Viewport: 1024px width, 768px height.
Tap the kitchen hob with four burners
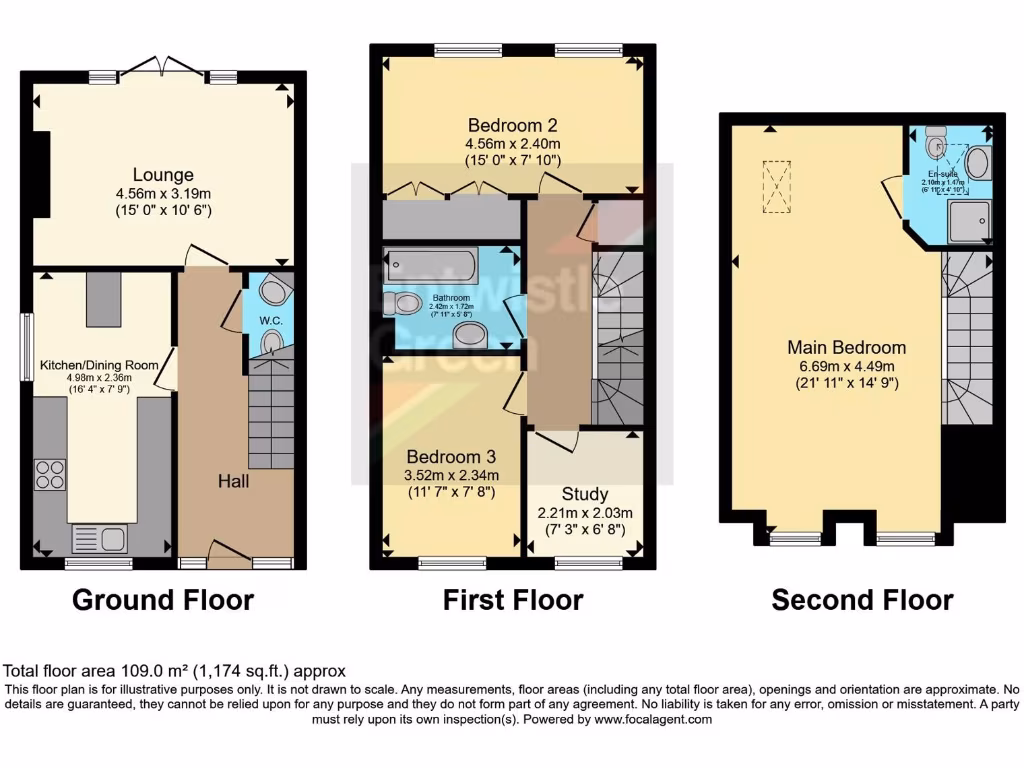click(50, 473)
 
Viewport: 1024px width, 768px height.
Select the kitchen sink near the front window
click(99, 539)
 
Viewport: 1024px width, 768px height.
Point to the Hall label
click(235, 481)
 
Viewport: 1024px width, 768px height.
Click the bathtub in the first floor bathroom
click(431, 266)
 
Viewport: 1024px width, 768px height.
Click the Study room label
click(585, 494)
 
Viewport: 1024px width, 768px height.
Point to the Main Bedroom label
click(846, 347)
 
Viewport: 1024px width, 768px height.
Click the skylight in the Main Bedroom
click(775, 187)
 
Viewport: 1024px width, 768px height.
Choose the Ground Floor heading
click(163, 600)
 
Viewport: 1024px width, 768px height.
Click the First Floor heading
click(513, 600)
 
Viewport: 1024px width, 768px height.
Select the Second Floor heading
click(862, 600)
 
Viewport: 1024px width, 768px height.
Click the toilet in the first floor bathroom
click(406, 302)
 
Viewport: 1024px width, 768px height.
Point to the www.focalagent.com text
click(652, 719)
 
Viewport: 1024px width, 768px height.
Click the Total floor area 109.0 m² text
click(175, 672)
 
